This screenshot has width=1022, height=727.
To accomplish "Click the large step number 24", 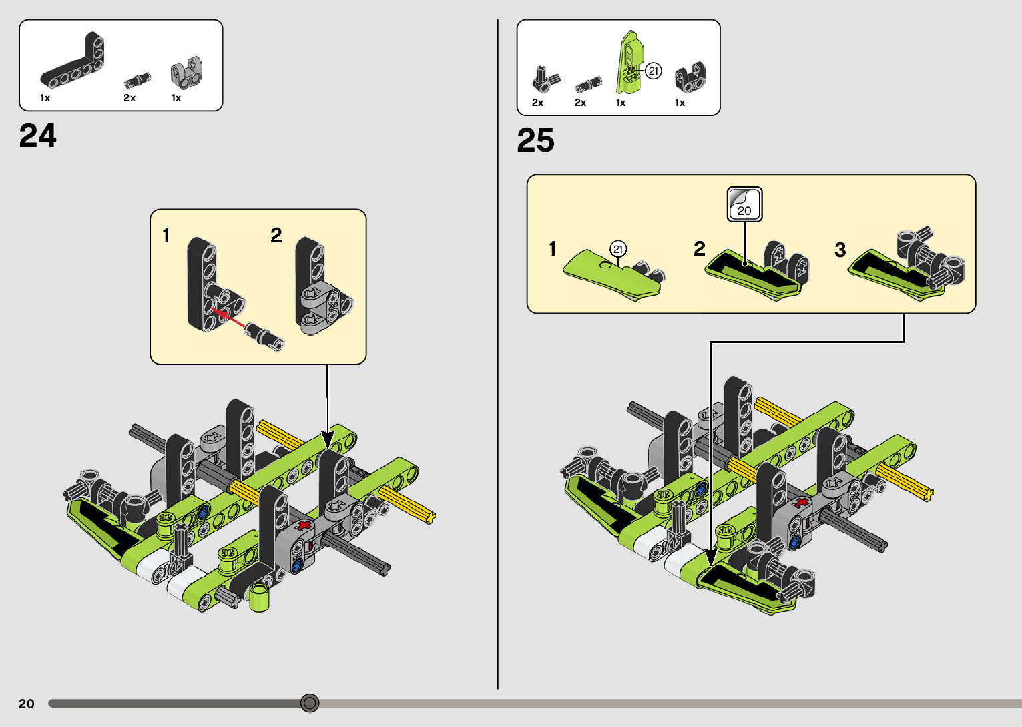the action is point(38,136).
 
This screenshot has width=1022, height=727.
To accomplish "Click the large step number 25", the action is point(535,140).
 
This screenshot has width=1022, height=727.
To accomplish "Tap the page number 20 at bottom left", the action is point(27,704).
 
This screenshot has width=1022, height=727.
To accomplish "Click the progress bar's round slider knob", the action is point(310,703).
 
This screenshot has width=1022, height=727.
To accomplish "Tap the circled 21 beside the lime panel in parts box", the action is point(654,71).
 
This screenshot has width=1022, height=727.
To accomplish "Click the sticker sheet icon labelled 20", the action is point(744,204).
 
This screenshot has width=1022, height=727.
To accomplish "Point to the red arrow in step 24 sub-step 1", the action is point(228,317).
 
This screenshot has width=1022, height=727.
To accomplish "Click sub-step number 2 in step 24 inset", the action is point(276,235).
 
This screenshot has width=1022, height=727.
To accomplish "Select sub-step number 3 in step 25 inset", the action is point(840,250).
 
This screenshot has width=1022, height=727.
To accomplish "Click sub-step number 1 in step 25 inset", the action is point(553,249).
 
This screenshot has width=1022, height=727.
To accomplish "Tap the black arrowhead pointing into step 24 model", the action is point(328,439).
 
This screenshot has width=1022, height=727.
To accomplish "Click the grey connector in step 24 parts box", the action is point(186,73).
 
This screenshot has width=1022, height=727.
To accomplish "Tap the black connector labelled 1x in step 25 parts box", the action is point(690,77).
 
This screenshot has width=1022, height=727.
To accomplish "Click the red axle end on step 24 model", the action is point(305,525).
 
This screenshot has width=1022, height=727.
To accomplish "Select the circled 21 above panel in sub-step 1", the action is point(618,249).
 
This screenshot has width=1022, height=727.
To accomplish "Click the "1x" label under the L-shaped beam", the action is point(45,98).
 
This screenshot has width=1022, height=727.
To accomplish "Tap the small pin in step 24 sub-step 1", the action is point(266,335).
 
